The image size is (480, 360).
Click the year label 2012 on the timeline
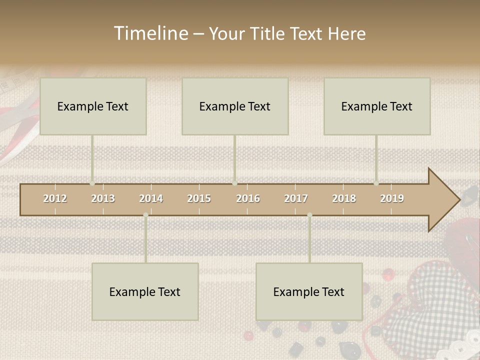(55, 198)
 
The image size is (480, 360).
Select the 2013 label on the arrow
(103, 198)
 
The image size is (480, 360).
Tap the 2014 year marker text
(151, 198)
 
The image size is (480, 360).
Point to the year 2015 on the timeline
(199, 198)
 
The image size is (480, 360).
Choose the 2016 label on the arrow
(248, 198)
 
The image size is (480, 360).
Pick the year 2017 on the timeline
(296, 198)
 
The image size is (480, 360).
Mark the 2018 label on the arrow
(344, 198)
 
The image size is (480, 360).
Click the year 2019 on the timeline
(392, 198)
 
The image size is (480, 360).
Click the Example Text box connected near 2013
(93, 106)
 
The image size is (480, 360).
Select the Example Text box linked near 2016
(235, 106)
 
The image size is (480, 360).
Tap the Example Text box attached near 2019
(377, 106)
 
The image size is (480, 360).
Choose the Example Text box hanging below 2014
(145, 291)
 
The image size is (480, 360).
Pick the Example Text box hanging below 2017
(309, 291)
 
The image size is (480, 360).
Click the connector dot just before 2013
(92, 183)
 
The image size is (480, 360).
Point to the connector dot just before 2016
(234, 183)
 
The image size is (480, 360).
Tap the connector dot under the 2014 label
(145, 215)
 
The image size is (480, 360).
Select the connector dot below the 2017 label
(309, 215)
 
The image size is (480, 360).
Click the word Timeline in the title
(150, 33)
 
